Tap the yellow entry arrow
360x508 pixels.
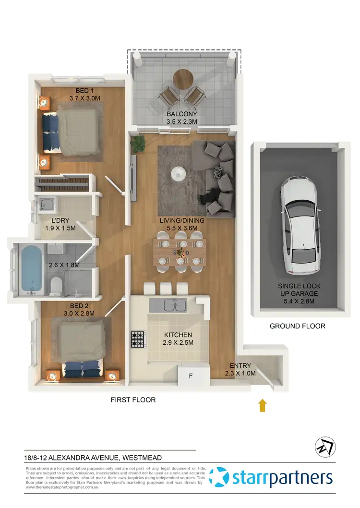click(263, 406)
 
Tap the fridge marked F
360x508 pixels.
click(191, 375)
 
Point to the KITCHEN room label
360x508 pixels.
click(178, 335)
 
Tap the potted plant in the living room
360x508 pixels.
click(139, 143)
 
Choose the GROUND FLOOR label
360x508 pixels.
click(297, 326)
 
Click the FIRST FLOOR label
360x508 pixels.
click(133, 399)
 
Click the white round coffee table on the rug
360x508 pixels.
click(179, 172)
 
